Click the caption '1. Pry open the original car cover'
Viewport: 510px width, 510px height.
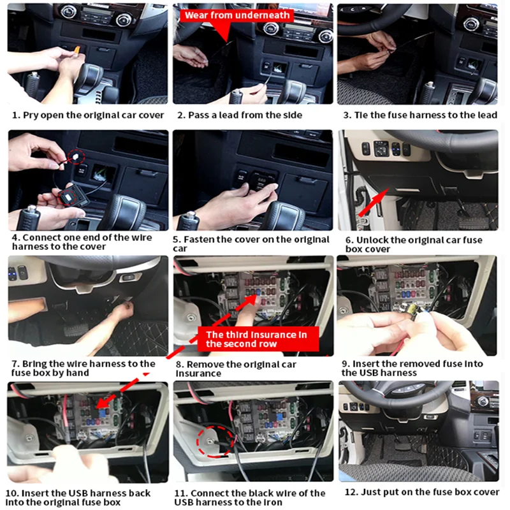point(89,115)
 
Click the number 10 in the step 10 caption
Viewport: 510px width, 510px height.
point(13,493)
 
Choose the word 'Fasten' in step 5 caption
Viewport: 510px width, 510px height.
point(202,240)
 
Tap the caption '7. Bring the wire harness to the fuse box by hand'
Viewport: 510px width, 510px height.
point(82,368)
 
